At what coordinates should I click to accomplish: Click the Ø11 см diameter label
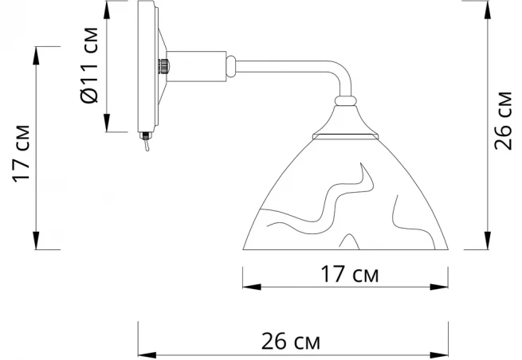click(89, 65)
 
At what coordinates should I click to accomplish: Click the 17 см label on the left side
click(21, 154)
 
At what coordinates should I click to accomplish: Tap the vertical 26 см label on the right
click(503, 120)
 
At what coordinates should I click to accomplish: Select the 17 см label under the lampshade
click(350, 274)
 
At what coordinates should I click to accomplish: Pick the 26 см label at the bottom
click(291, 342)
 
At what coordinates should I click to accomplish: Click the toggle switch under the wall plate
click(146, 141)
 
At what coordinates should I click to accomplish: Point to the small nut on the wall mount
click(163, 67)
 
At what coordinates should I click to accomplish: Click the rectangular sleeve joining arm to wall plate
click(196, 66)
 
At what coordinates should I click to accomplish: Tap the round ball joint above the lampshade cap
click(346, 101)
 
